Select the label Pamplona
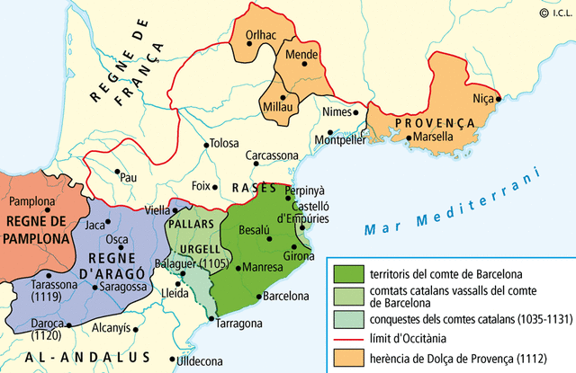tap(32, 202)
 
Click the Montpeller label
tap(339, 140)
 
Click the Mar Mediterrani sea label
tap(451, 202)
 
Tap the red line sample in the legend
tap(347, 337)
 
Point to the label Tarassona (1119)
tap(42, 289)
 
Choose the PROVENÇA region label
tap(434, 121)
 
